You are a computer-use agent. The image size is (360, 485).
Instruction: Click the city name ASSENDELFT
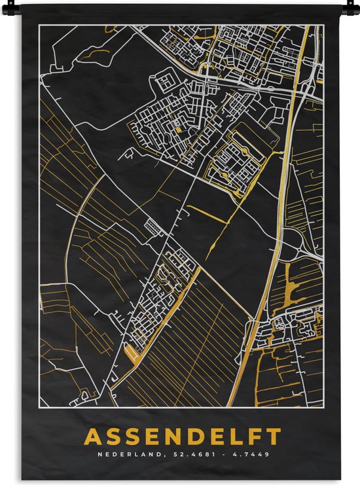[x=183, y=436]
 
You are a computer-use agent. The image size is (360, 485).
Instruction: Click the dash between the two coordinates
[x=214, y=454]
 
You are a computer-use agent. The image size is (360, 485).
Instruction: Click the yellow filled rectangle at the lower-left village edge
[x=132, y=353]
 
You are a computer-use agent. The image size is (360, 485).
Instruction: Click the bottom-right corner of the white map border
[x=323, y=406]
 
